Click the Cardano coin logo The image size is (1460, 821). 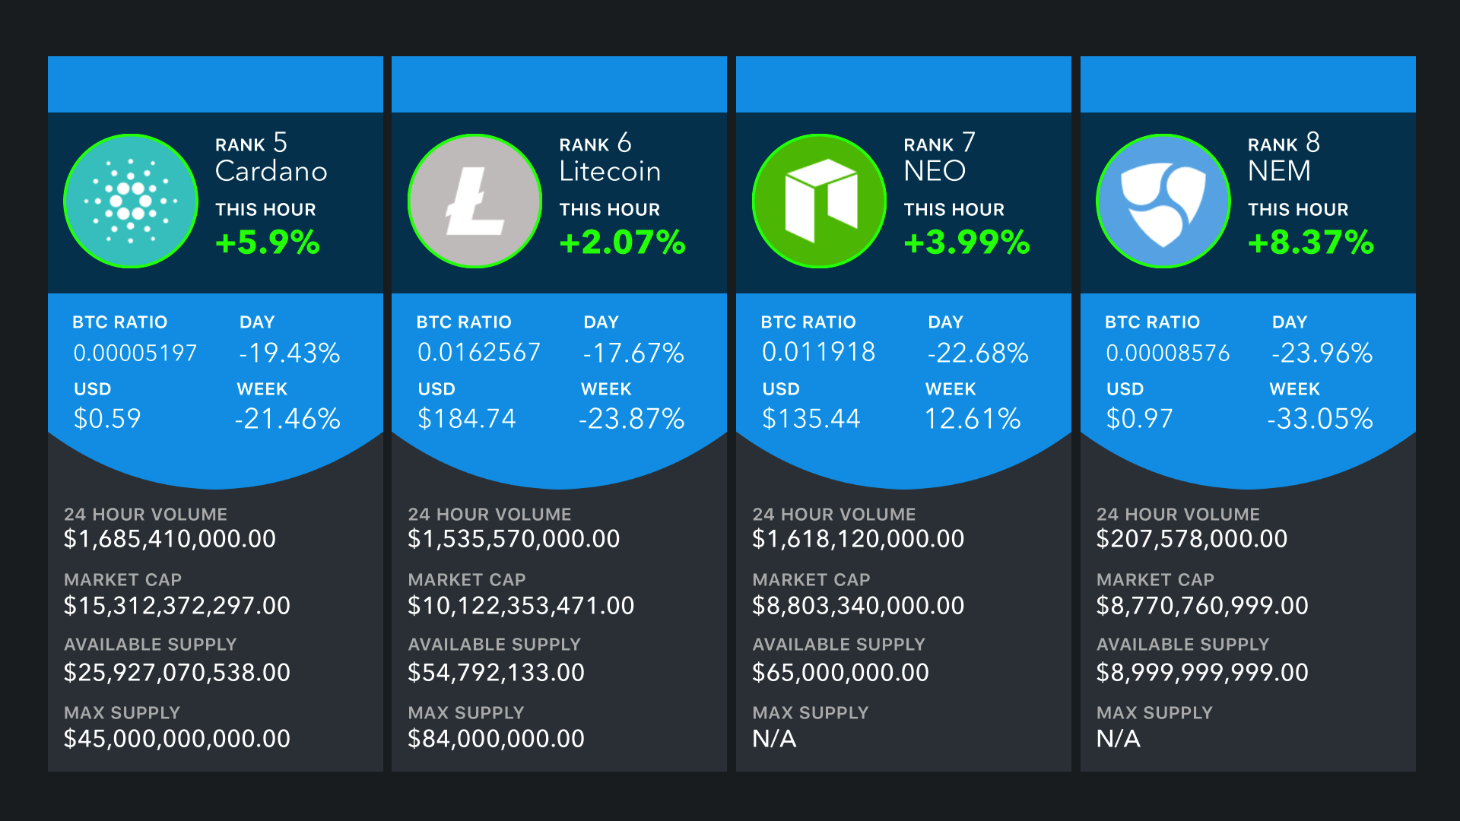coord(131,201)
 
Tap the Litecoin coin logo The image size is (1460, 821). coord(475,201)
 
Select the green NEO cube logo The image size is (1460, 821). coord(820,201)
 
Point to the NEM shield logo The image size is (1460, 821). coord(1163,201)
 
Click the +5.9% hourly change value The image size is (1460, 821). coord(268,242)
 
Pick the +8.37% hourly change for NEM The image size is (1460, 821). coord(1311,242)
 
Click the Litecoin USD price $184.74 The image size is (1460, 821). coord(467,419)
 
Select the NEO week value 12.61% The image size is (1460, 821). coord(973,419)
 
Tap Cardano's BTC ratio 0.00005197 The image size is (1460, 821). coord(135,353)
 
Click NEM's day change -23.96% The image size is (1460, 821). coord(1322,353)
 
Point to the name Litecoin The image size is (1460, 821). coord(610,172)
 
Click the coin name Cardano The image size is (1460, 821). coord(271,172)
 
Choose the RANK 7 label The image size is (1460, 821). coord(939,144)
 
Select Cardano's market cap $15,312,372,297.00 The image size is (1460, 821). coord(177,606)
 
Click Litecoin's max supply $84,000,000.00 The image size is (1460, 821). coord(497,739)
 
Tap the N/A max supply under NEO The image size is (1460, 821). coord(774,739)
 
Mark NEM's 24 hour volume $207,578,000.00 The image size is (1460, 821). coord(1192,539)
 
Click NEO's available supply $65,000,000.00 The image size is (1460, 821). coord(840,673)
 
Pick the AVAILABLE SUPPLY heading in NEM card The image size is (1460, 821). coord(1182,645)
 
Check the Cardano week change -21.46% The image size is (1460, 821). coord(287,419)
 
